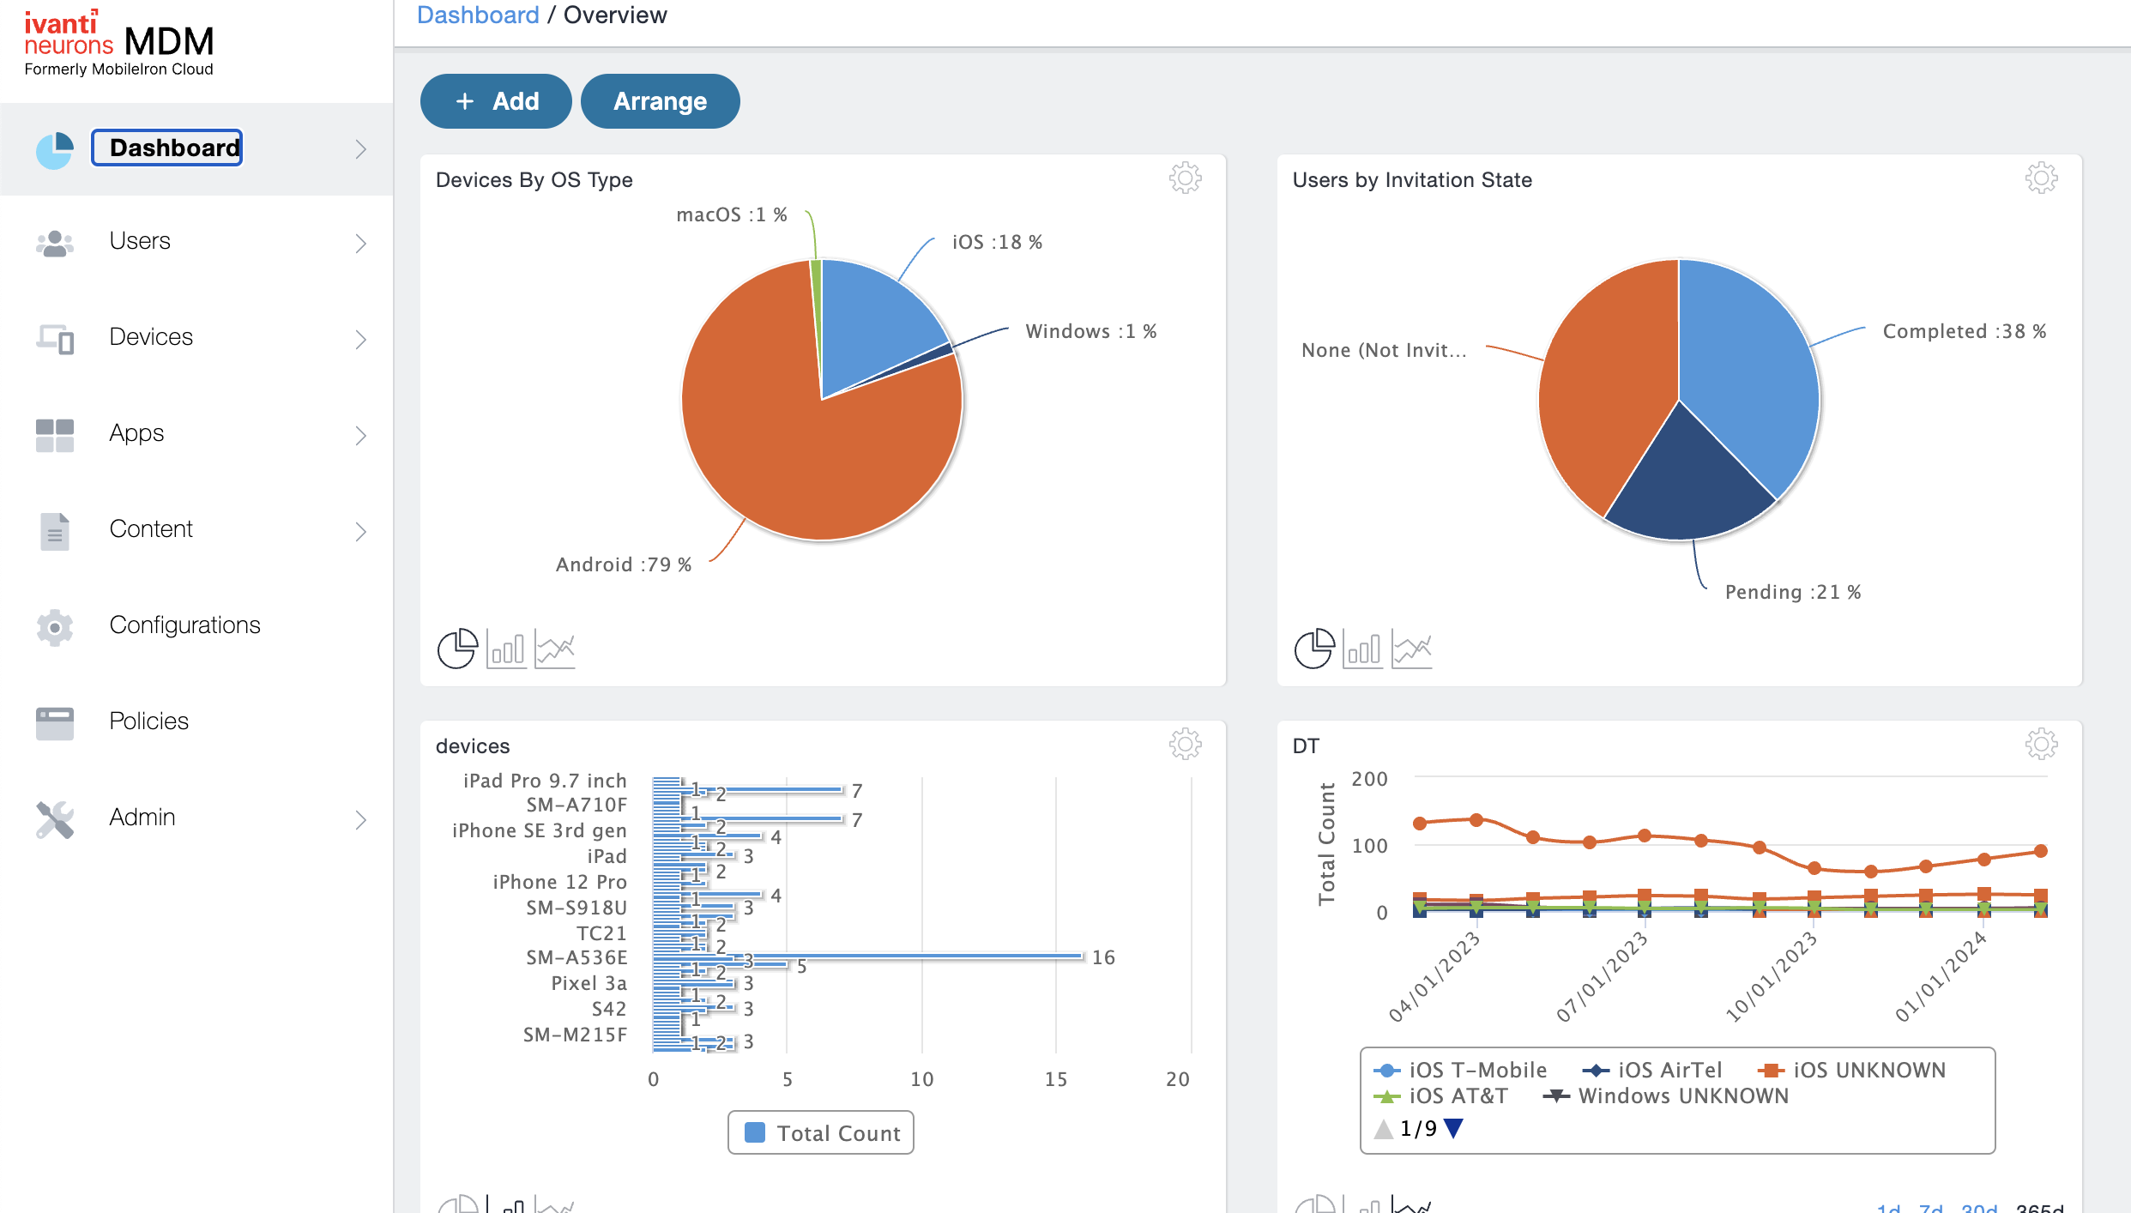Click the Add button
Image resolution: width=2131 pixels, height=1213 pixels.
pyautogui.click(x=496, y=101)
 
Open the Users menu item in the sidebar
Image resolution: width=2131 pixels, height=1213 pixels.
pyautogui.click(x=140, y=241)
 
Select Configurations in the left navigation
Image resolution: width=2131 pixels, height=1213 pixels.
pyautogui.click(x=184, y=625)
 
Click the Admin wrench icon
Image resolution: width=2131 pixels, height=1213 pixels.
pyautogui.click(x=55, y=819)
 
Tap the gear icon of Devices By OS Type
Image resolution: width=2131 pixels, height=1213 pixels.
pyautogui.click(x=1185, y=178)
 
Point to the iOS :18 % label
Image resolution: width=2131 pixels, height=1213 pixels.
pyautogui.click(x=997, y=242)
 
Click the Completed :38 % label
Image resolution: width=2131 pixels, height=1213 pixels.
pyautogui.click(x=1964, y=331)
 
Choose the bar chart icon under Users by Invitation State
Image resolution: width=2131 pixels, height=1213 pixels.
pyautogui.click(x=1363, y=649)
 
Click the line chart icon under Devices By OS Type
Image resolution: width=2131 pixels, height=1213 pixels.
pyautogui.click(x=555, y=649)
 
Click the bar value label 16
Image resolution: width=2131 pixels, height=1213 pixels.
pyautogui.click(x=1103, y=957)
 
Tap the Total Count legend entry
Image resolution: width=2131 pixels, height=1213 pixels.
pyautogui.click(x=822, y=1133)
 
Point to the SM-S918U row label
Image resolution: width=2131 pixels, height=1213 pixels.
pyautogui.click(x=576, y=908)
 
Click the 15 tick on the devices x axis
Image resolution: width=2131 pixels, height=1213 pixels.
pyautogui.click(x=1056, y=1079)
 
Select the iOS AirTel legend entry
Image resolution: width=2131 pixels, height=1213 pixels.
pyautogui.click(x=1652, y=1070)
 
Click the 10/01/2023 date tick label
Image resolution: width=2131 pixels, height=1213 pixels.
pyautogui.click(x=1771, y=977)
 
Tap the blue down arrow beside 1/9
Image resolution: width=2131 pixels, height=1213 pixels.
pyautogui.click(x=1452, y=1128)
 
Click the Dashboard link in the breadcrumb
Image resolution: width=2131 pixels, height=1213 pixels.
pyautogui.click(x=478, y=15)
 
